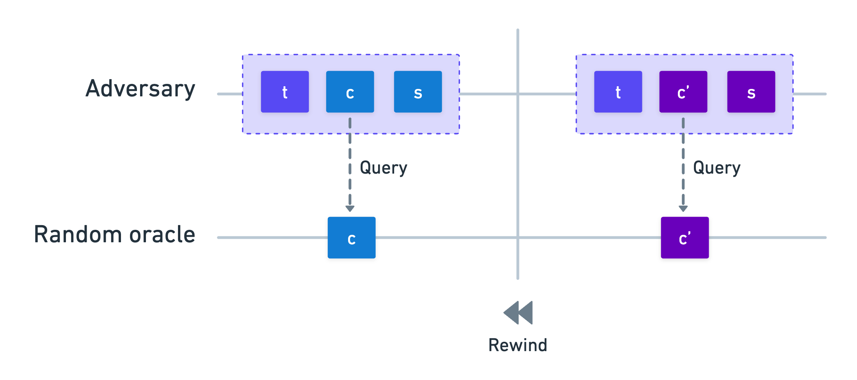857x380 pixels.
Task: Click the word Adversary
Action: click(140, 89)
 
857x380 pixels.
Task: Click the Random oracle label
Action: click(115, 234)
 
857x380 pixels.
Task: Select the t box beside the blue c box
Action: click(285, 92)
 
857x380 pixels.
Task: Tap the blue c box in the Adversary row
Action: click(350, 92)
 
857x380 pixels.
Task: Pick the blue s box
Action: click(418, 92)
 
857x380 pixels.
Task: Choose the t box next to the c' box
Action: click(618, 92)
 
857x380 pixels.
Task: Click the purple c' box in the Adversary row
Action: click(683, 92)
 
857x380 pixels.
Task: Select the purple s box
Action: click(751, 92)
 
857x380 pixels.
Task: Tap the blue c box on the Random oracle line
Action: click(352, 238)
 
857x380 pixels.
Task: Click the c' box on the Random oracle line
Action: click(685, 238)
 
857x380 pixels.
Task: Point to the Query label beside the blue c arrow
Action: click(384, 168)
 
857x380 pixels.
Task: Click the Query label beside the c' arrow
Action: click(717, 168)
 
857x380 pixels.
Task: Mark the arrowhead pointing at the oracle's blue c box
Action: click(350, 209)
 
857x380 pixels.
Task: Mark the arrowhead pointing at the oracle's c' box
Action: click(683, 209)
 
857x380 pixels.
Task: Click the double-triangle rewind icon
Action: click(518, 313)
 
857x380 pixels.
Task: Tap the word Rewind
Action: click(518, 345)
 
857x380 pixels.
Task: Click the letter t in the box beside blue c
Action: click(285, 92)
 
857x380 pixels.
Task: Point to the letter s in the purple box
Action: click(751, 94)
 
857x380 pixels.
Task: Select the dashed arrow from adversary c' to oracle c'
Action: click(683, 165)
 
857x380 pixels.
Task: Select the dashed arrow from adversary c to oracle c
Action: click(350, 165)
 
